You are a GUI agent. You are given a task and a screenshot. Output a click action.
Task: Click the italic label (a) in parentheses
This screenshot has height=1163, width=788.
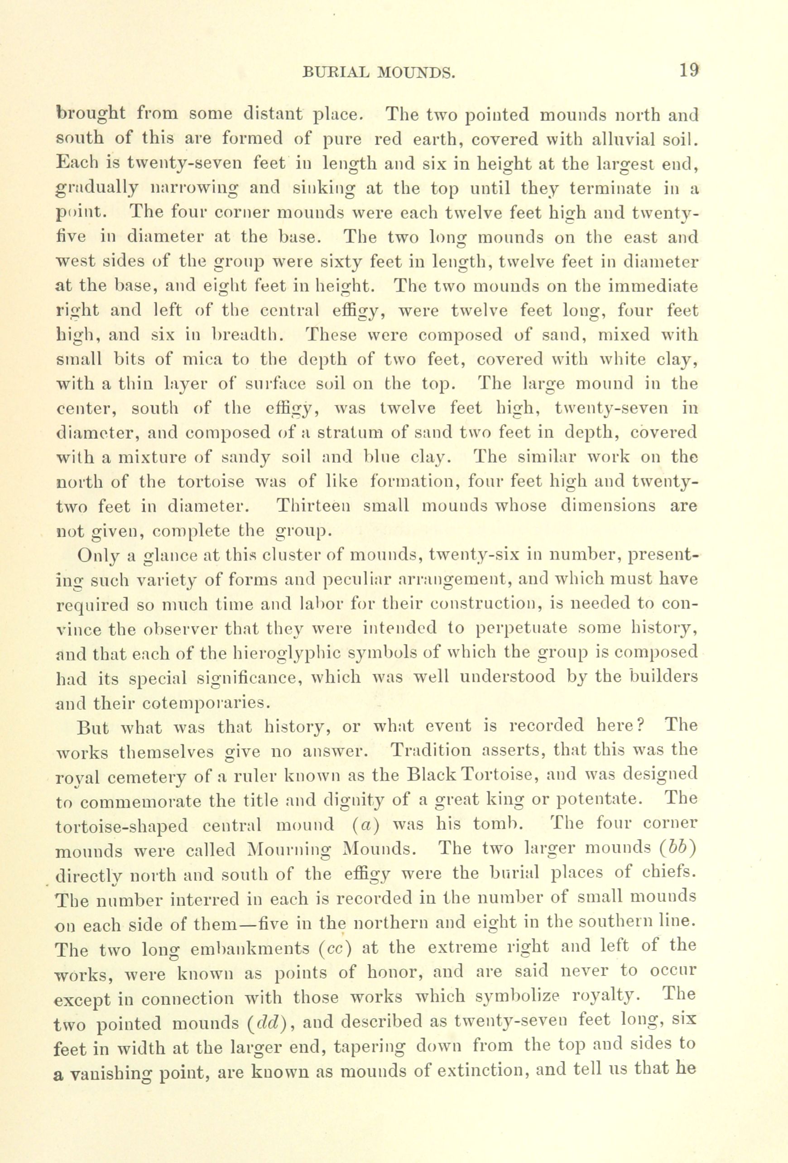coord(366,826)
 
